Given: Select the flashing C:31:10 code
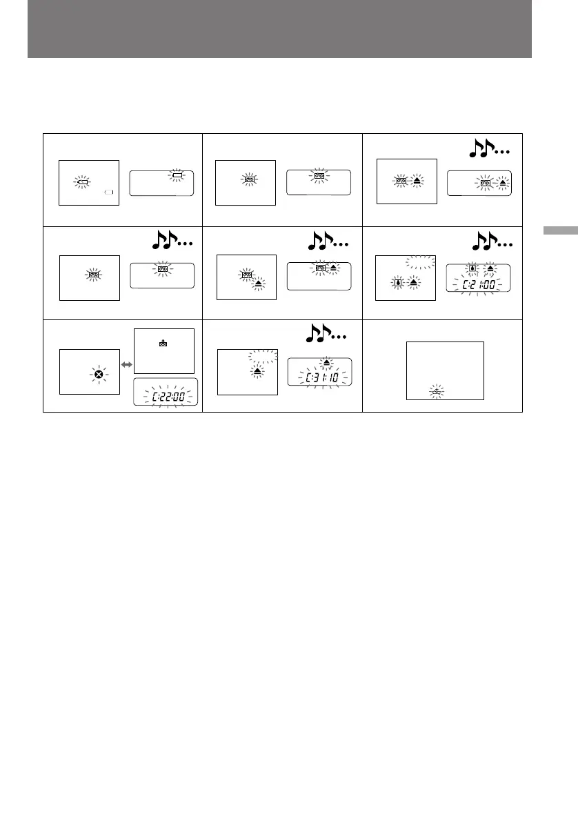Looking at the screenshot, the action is [x=319, y=377].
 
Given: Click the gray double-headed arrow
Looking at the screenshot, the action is [x=126, y=361].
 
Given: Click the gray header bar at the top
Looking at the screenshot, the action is [x=279, y=29].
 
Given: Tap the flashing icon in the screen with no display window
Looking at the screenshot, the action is [x=435, y=392].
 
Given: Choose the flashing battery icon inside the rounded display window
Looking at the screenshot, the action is [x=177, y=177].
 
